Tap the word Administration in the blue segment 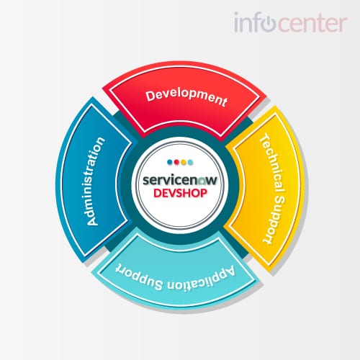(x=95, y=181)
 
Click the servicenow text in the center (x=180, y=180)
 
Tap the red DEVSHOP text (x=180, y=193)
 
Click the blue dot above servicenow (x=170, y=162)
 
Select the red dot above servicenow (x=176, y=162)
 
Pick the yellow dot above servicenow (x=184, y=162)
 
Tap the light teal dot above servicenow (x=190, y=162)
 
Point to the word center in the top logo (x=312, y=24)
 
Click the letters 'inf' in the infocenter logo (x=248, y=22)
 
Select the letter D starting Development (x=150, y=96)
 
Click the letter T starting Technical (x=265, y=138)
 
